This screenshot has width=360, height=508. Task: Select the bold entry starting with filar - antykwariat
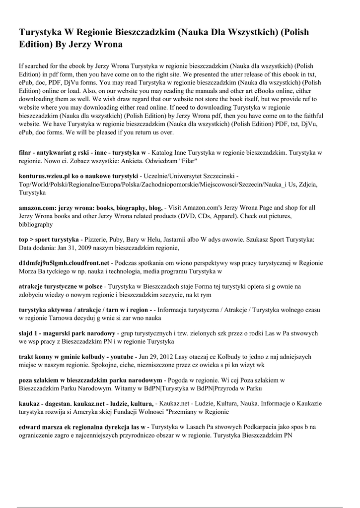tap(82, 152)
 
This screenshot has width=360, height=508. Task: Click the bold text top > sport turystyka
tap(49, 239)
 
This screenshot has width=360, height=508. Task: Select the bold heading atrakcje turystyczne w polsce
tap(61, 287)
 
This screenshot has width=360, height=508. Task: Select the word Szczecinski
tap(216, 176)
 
